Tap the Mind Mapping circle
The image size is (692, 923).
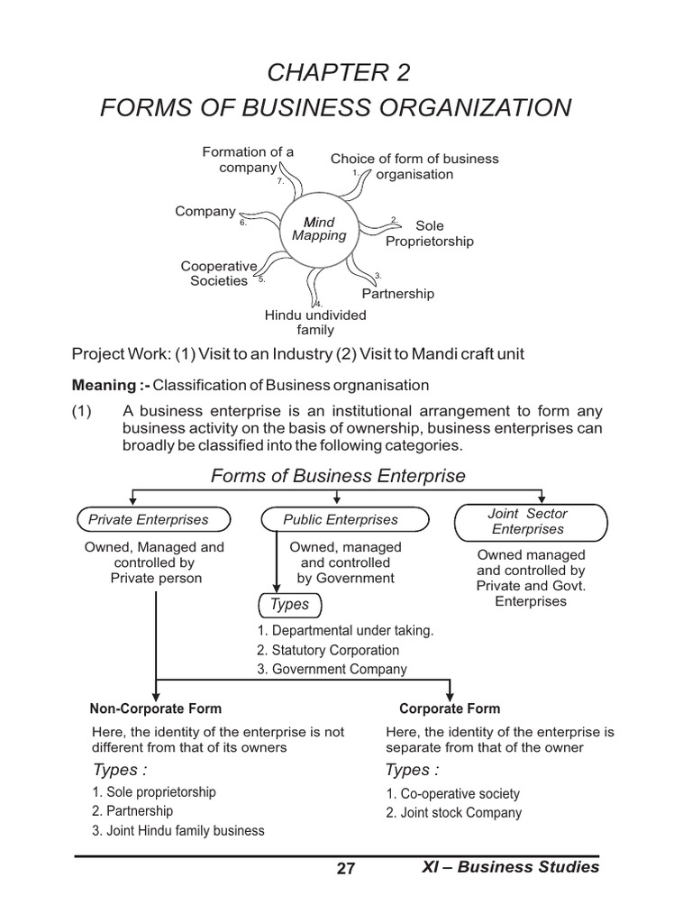(x=320, y=229)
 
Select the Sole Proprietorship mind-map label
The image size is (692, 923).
(x=430, y=233)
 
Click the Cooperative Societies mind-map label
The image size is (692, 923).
(x=219, y=273)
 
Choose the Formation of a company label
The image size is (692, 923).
(x=248, y=160)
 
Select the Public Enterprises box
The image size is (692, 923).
(x=341, y=519)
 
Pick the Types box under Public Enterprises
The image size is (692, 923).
(x=289, y=605)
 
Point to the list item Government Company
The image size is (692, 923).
(x=332, y=669)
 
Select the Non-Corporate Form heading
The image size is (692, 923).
(x=156, y=708)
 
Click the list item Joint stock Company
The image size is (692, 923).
(x=454, y=812)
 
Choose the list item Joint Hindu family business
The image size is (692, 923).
(x=178, y=830)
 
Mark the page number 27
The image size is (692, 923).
(x=346, y=869)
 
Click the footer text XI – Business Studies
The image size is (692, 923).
(x=510, y=867)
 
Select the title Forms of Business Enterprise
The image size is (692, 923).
(x=338, y=476)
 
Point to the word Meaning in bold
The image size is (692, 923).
(x=104, y=386)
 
